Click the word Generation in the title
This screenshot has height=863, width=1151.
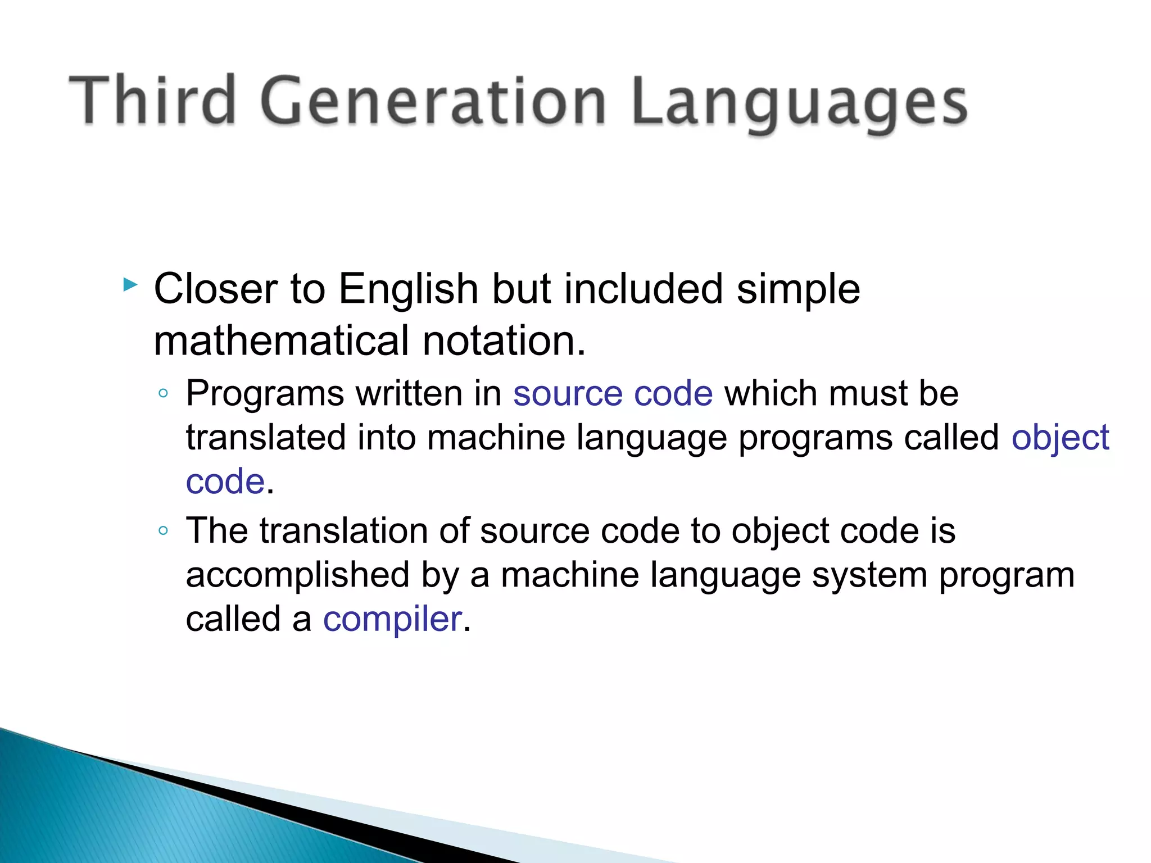(x=433, y=101)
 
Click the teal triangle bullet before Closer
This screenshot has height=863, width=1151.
(x=130, y=285)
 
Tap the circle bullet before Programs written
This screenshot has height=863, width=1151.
(x=163, y=393)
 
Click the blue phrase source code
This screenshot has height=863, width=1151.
(x=613, y=393)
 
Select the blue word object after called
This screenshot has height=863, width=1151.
(x=1060, y=438)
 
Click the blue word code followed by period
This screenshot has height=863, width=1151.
(x=225, y=482)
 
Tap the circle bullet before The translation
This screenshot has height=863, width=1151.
(x=163, y=530)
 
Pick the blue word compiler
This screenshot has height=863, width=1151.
(x=392, y=619)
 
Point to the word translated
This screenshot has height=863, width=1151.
(x=265, y=437)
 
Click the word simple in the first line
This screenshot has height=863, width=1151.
(x=798, y=289)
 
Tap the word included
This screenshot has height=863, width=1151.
(x=644, y=289)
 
